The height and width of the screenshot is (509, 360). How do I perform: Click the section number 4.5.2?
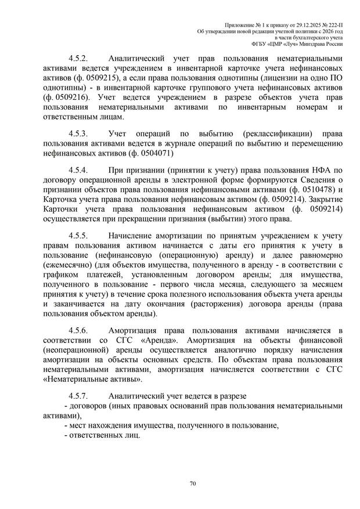(78, 59)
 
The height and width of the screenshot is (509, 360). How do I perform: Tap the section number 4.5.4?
(78, 171)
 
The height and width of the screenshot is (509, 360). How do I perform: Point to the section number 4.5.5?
(78, 236)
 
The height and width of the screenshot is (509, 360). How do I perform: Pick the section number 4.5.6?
(78, 330)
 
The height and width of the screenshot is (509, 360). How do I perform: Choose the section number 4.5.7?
(78, 395)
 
